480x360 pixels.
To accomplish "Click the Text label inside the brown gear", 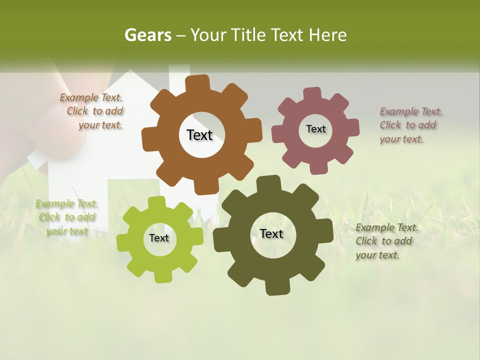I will pos(199,135).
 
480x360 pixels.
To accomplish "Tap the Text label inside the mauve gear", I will pos(315,129).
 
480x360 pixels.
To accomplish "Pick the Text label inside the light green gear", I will pos(159,238).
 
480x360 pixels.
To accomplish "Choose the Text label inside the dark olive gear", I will pos(271,233).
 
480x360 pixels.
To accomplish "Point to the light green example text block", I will pos(66,217).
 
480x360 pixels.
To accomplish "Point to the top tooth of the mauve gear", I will pos(312,93).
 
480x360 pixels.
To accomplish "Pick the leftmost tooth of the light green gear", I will pos(123,241).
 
